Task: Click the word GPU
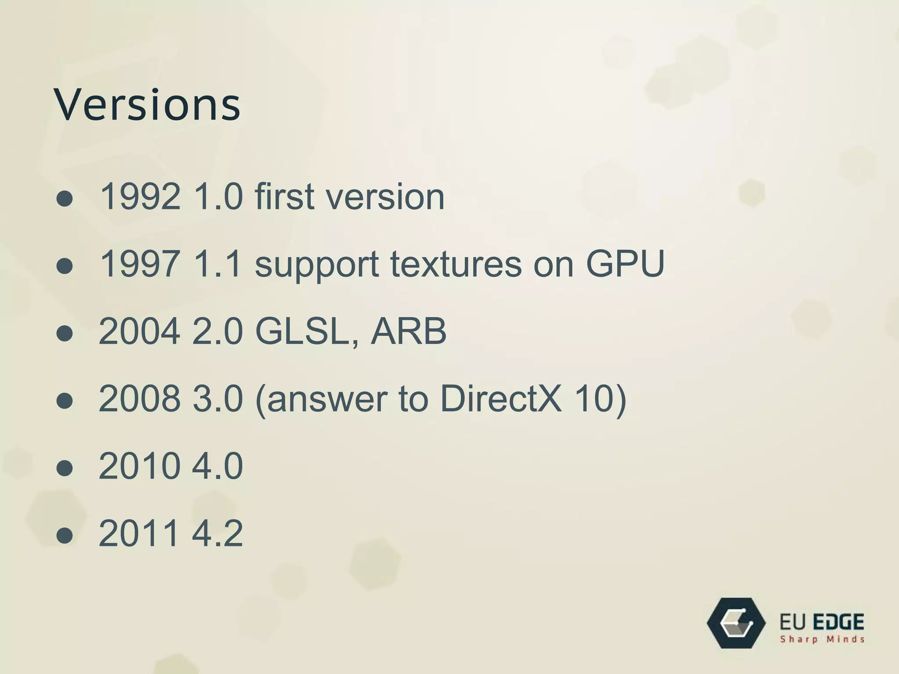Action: (625, 264)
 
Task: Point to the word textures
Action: (456, 264)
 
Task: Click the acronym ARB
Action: (408, 331)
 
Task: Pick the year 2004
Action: (140, 331)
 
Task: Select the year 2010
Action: (140, 466)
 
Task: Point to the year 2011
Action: (140, 534)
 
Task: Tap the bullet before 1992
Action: (65, 199)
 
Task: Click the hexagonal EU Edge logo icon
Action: (736, 623)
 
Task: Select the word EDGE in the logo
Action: (839, 622)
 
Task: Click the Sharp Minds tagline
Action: (822, 639)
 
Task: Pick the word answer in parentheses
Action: (327, 399)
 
